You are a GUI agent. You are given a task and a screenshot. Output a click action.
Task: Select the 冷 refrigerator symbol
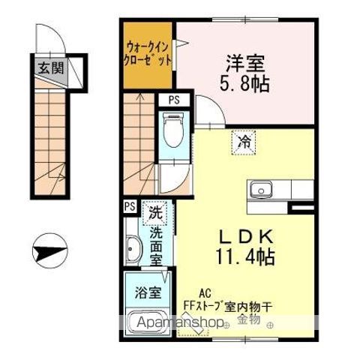coord(244,140)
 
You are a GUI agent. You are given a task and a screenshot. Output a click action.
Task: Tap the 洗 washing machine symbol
coord(155,211)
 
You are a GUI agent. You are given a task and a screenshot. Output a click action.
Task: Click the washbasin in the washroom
coord(133,247)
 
